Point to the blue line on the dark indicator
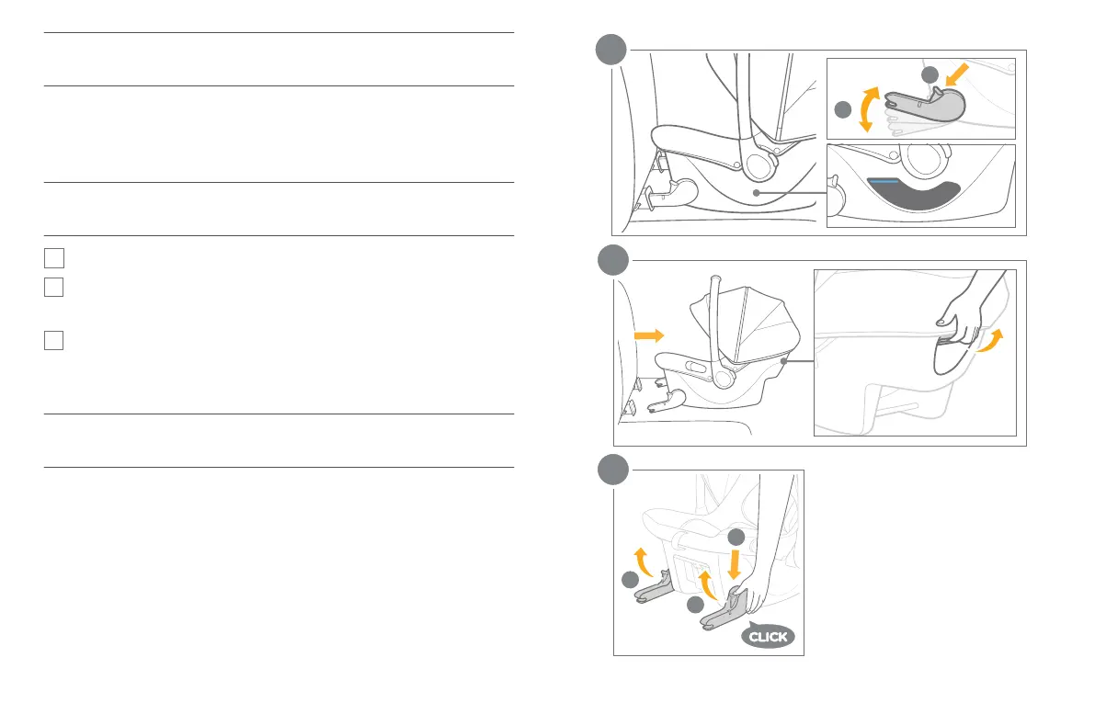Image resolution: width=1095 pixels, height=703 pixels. coord(883,182)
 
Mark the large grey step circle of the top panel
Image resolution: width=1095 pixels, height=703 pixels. coord(610,50)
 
